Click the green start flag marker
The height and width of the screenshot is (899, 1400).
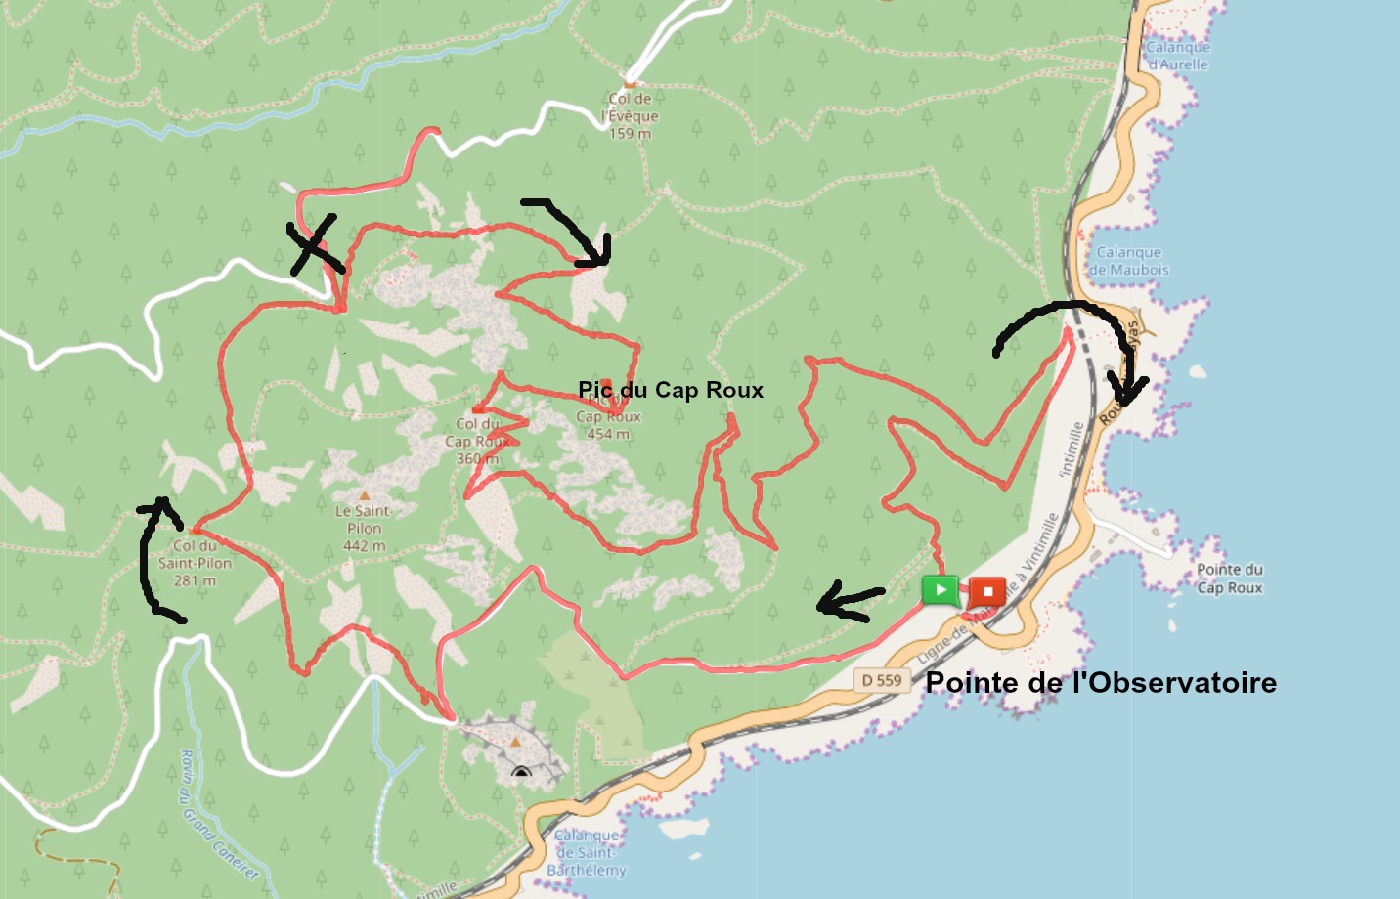click(940, 589)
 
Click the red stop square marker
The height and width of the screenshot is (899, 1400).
click(987, 591)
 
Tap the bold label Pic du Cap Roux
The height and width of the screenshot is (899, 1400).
click(671, 390)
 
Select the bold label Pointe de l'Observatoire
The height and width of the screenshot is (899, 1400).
click(1101, 682)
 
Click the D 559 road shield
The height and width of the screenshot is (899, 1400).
click(882, 680)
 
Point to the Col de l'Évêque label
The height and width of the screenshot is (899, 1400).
click(632, 115)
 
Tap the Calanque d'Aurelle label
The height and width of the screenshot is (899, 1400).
click(1177, 56)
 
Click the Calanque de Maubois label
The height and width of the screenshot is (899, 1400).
click(1128, 261)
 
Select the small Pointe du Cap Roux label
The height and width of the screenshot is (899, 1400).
click(1230, 578)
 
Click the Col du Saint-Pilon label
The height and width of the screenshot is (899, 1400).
click(195, 563)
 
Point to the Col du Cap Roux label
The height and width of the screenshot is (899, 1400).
click(477, 441)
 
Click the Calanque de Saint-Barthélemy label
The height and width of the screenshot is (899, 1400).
click(587, 852)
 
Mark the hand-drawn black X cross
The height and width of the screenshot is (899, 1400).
click(315, 245)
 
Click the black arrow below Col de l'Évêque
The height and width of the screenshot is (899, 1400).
click(573, 231)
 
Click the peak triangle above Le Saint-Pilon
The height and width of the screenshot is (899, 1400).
click(364, 495)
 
